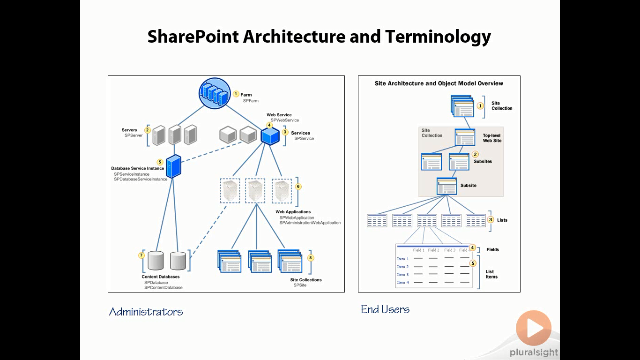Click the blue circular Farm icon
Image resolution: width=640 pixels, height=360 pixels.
(215, 93)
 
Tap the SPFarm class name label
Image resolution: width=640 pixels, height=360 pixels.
(251, 101)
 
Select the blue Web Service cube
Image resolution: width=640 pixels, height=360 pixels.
(270, 136)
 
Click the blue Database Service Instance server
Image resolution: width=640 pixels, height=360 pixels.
(173, 166)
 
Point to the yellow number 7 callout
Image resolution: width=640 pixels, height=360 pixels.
(141, 255)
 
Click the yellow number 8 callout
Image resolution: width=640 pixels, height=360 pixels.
(311, 258)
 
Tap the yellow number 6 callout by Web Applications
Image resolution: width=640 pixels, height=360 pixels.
(298, 187)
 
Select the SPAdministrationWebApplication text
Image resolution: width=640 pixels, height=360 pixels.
(310, 223)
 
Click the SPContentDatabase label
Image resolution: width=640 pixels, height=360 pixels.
(163, 287)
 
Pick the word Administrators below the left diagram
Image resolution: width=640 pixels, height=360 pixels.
(146, 312)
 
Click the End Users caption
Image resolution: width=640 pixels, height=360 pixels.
(385, 309)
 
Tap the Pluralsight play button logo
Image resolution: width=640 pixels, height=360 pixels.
(534, 328)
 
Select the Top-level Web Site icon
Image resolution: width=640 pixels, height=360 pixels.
(465, 138)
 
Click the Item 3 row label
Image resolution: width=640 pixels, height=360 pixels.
(403, 275)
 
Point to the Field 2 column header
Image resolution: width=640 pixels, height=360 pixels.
(433, 250)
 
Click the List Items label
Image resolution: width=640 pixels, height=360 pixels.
(491, 274)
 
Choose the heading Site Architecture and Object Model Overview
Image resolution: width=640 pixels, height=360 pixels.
(439, 83)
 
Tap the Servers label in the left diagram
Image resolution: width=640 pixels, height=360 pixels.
(129, 130)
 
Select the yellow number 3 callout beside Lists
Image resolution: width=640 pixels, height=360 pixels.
(491, 219)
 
